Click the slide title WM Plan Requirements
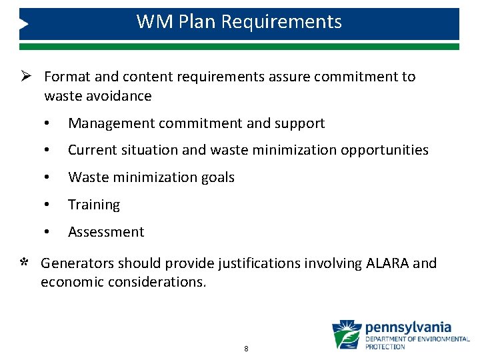(x=239, y=22)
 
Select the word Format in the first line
(x=65, y=77)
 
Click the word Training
(x=94, y=205)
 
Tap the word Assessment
(x=106, y=233)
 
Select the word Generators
(x=77, y=263)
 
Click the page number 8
(x=246, y=349)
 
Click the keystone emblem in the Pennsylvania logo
(x=347, y=335)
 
